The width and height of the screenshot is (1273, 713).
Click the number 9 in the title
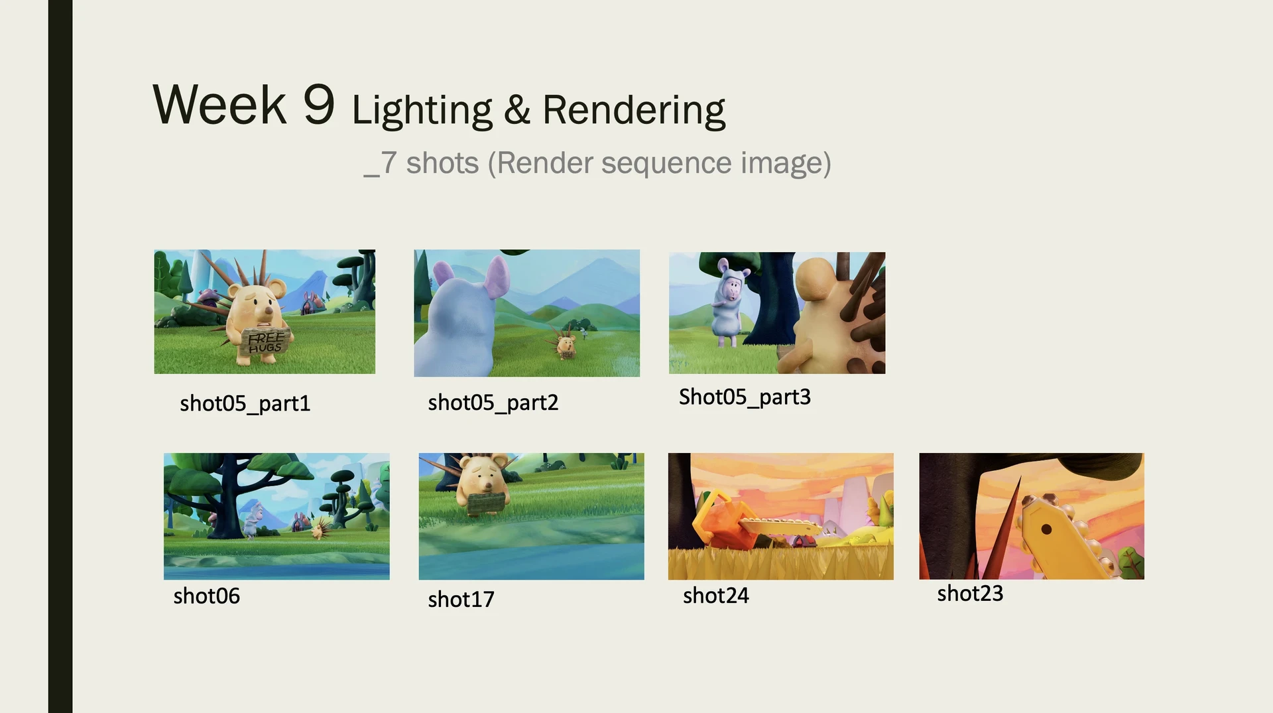[319, 105]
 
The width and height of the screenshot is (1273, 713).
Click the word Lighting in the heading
[422, 110]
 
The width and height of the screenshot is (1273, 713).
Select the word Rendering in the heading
[634, 110]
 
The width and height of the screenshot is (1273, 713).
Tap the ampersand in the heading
[517, 110]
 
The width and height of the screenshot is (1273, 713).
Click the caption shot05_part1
[245, 403]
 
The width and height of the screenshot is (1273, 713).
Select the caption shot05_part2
[493, 403]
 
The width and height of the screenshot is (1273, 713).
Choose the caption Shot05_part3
[745, 397]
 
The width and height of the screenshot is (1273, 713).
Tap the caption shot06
[206, 596]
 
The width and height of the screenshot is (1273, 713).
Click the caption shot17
[461, 599]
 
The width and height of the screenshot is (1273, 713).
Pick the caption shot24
[715, 596]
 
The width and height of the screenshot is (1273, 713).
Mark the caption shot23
[969, 593]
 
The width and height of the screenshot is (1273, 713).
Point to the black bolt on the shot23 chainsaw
[1046, 529]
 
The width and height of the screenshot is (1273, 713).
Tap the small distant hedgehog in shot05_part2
[566, 344]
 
